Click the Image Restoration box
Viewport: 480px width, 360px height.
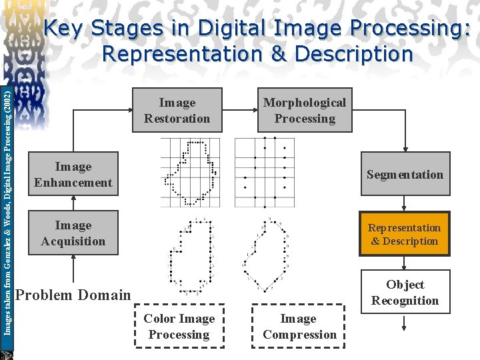[177, 111]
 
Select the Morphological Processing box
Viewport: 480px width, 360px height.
[305, 111]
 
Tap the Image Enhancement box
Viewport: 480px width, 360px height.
[73, 175]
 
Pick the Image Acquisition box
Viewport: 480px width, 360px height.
[73, 233]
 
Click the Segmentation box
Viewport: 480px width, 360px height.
[405, 175]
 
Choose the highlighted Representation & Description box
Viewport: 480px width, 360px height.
[405, 234]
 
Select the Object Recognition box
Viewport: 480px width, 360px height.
[405, 292]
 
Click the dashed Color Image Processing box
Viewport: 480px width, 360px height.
[179, 327]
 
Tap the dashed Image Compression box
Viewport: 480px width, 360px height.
[299, 327]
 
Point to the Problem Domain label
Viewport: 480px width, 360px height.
[73, 295]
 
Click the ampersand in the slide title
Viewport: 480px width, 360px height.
[279, 53]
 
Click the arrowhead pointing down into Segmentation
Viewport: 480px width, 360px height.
[405, 149]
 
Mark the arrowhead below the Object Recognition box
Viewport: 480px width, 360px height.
[405, 327]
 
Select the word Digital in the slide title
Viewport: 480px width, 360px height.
[220, 29]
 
